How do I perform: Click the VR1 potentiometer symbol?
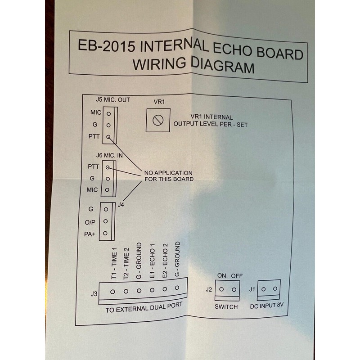click(157, 120)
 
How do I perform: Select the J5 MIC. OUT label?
click(113, 100)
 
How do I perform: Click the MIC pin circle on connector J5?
click(108, 112)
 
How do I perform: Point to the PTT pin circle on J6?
click(108, 166)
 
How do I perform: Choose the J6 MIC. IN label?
click(109, 155)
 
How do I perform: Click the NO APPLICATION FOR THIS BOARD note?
click(168, 176)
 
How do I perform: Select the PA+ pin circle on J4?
click(105, 233)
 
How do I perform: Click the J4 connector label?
click(121, 205)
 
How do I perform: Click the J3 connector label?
click(94, 294)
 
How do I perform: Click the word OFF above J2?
click(236, 276)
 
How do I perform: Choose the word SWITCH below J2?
click(226, 307)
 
